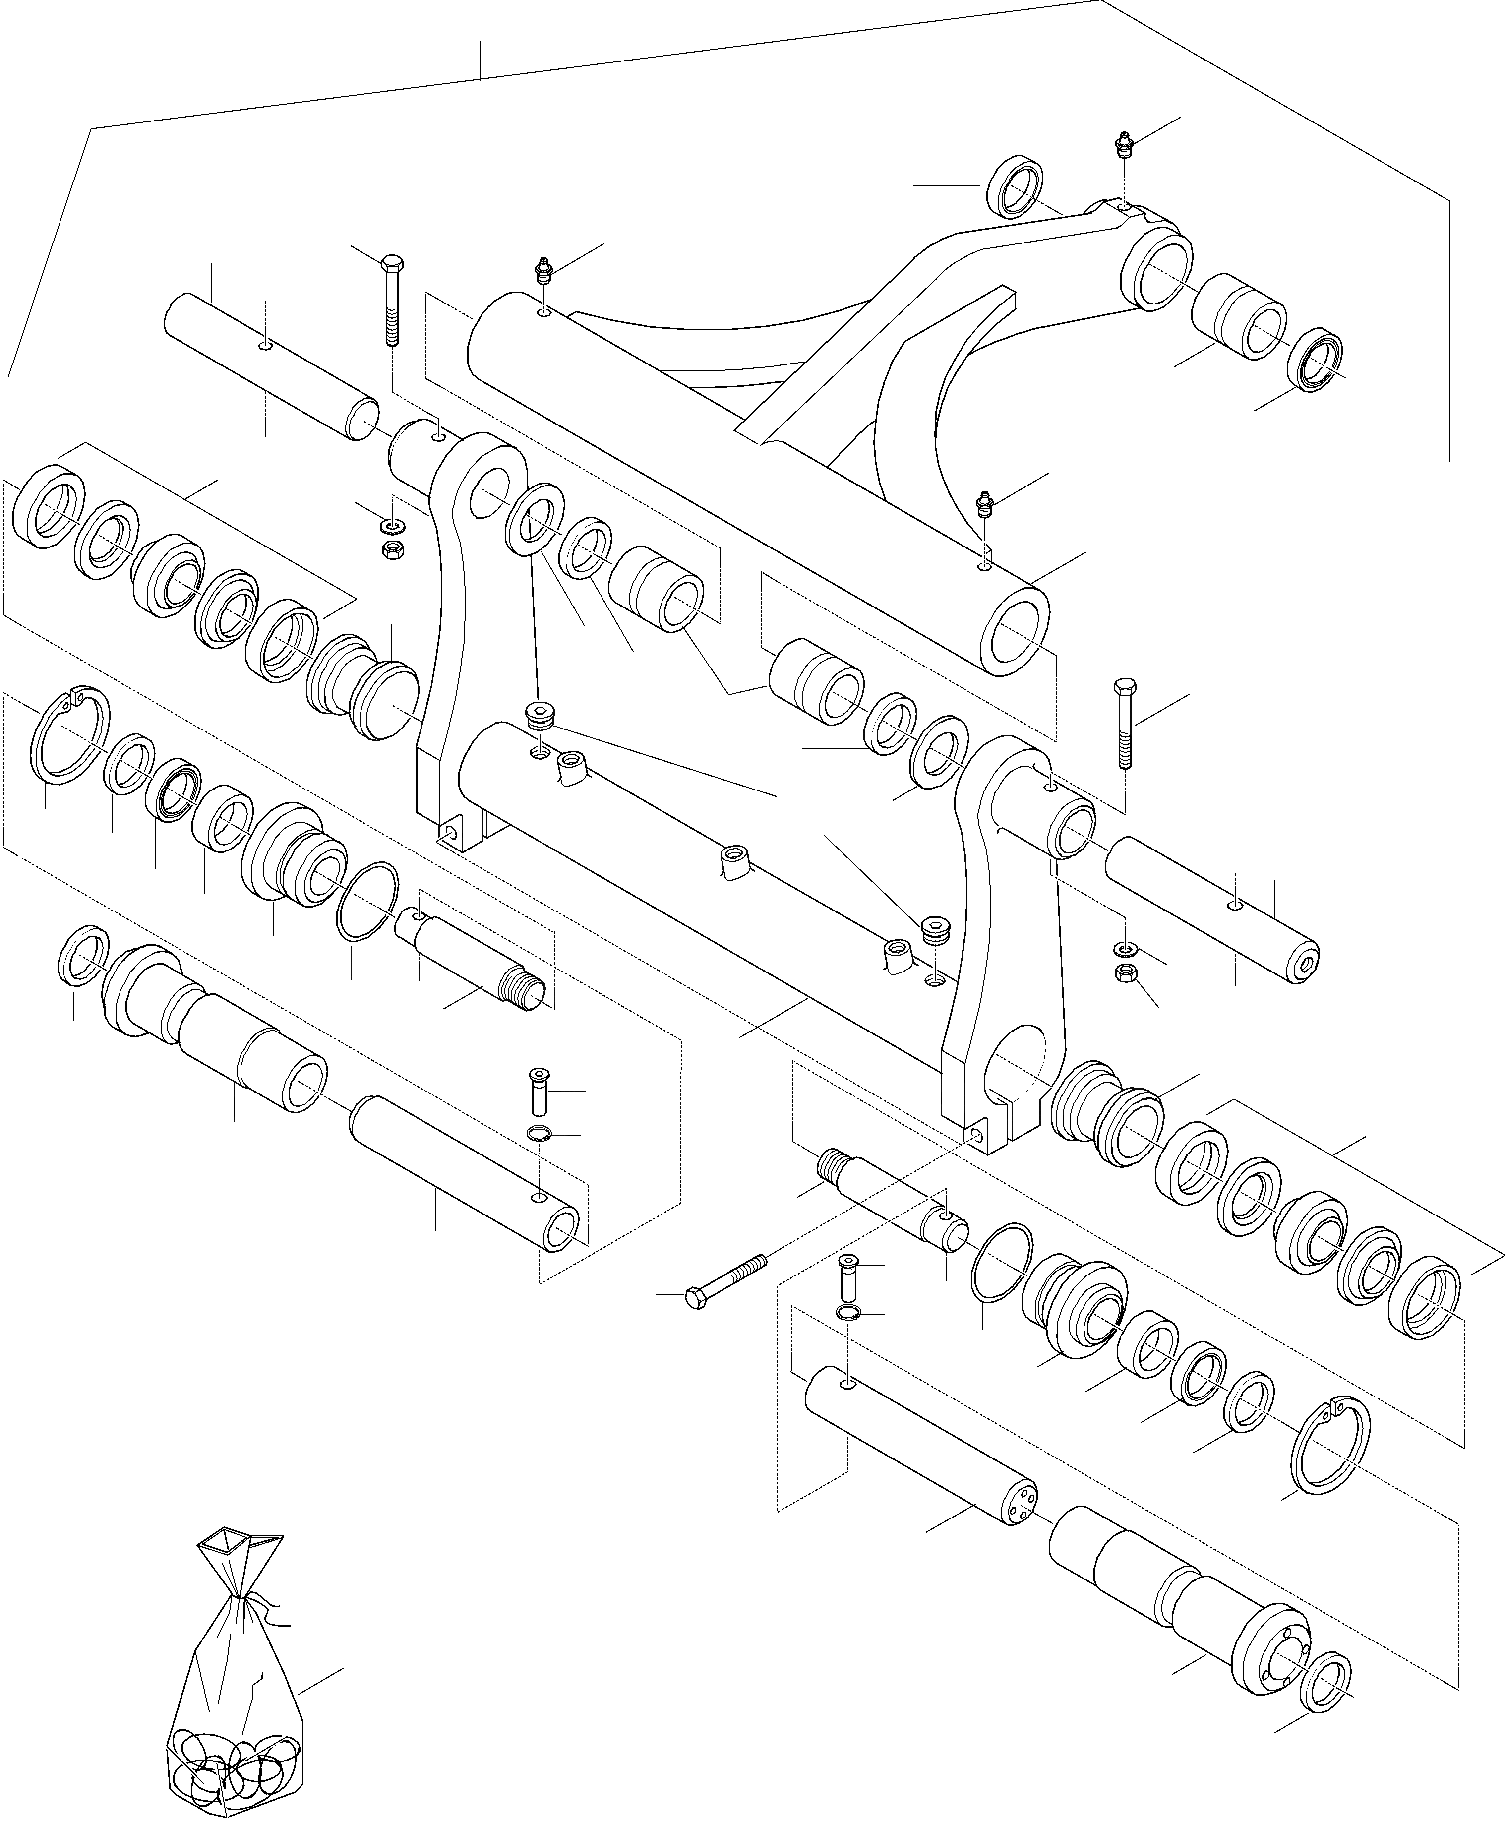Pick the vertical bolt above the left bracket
[392, 295]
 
